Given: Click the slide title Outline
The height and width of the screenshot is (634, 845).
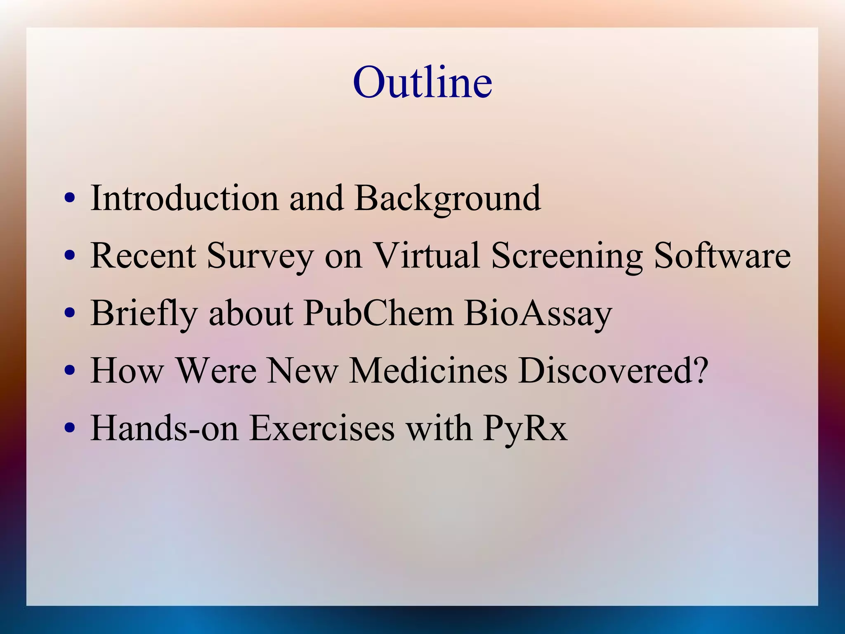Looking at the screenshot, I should (x=422, y=82).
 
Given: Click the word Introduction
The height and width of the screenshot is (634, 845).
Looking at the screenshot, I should (x=184, y=198).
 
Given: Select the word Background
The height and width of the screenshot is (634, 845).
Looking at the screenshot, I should (x=448, y=199).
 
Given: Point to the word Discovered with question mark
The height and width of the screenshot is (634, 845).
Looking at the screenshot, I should (x=613, y=370).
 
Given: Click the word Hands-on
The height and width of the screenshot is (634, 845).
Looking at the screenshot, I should (x=164, y=428).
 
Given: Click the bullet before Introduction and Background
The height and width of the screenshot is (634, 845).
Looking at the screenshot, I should (x=70, y=198).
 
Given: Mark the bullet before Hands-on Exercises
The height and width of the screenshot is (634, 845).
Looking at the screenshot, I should (x=70, y=428).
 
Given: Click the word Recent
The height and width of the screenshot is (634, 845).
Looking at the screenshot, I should (x=143, y=256).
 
